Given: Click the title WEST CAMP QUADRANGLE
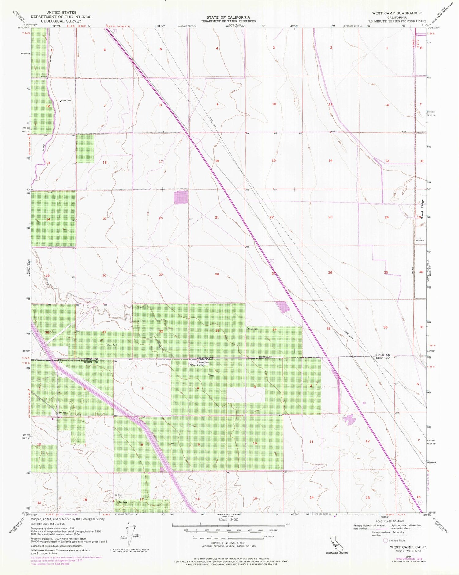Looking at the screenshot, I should [x=397, y=13].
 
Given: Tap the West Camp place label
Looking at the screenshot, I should [x=197, y=365].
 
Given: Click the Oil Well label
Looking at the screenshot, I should [x=118, y=495].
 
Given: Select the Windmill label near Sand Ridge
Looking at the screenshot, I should [x=420, y=240].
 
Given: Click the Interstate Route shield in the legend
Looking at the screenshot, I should [x=386, y=540].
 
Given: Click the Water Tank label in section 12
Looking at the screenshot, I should [x=65, y=101].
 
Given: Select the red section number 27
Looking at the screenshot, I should [x=274, y=273].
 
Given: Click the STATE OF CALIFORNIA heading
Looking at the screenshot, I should [x=228, y=17].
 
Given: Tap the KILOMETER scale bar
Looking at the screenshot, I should [x=228, y=536].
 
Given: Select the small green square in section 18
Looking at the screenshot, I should [x=85, y=148].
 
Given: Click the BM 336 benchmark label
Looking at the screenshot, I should [x=62, y=413].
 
